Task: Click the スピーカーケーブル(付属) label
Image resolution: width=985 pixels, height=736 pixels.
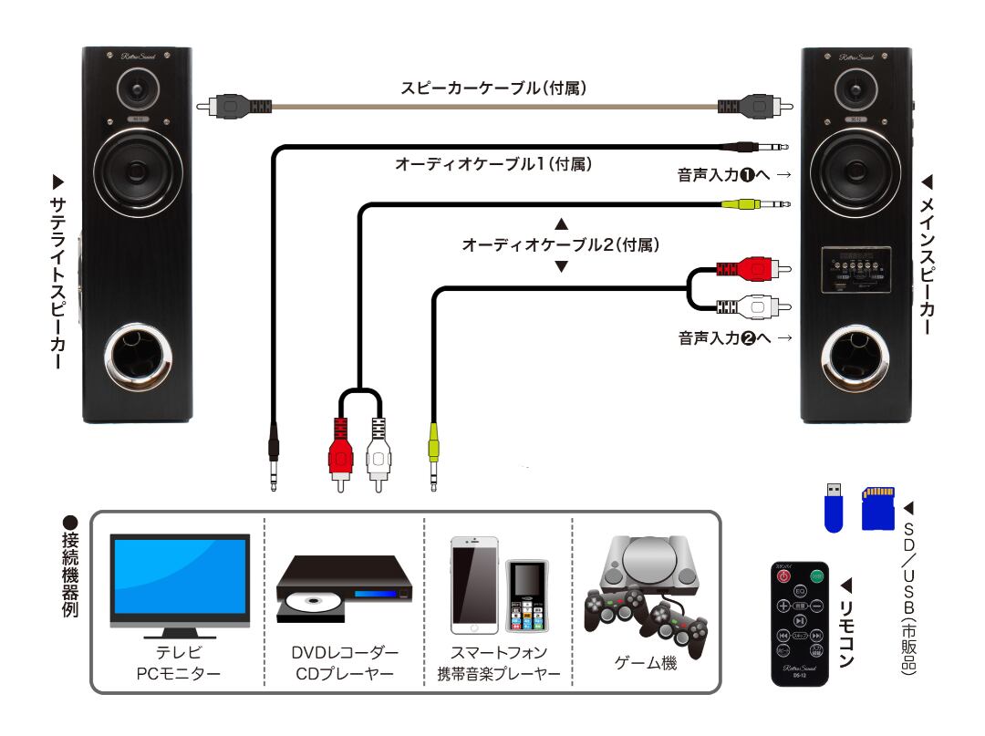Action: tap(493, 88)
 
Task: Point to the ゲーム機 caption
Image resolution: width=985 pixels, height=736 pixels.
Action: tap(645, 665)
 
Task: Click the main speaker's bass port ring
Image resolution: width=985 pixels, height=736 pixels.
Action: tap(856, 358)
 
